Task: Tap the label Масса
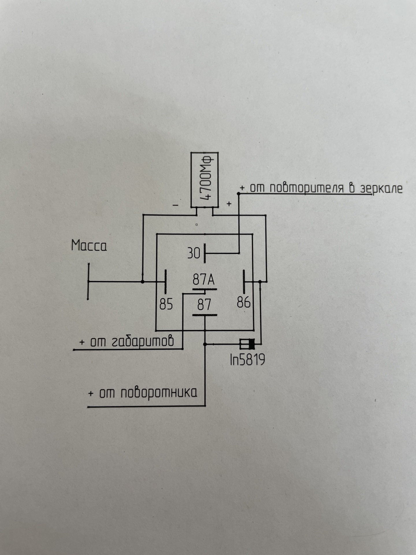89,246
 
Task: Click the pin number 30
194,253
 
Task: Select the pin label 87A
203,280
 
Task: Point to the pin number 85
166,304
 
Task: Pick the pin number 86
244,302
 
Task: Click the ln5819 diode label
247,360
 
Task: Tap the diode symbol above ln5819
248,344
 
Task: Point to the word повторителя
307,188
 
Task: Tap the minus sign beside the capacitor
176,205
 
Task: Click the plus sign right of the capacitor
229,204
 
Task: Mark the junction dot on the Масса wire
142,281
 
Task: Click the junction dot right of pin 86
260,281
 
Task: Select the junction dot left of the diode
205,344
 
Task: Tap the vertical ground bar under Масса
88,281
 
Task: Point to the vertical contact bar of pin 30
205,253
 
